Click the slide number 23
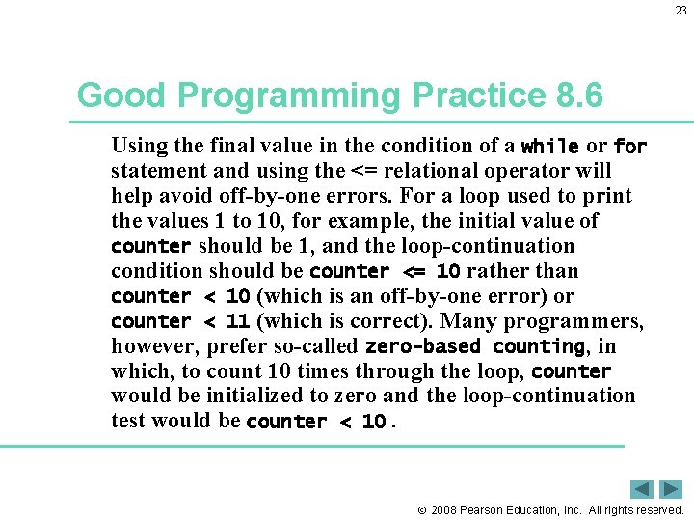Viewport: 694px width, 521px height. tap(681, 11)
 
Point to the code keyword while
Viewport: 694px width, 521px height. tap(549, 147)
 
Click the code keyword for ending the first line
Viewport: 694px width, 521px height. tap(629, 147)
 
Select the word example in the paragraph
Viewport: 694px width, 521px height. tap(360, 221)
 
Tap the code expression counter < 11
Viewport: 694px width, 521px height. tap(180, 322)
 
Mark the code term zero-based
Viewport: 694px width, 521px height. tap(425, 347)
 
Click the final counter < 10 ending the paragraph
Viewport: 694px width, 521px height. tap(316, 422)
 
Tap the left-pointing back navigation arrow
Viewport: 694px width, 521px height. tap(643, 489)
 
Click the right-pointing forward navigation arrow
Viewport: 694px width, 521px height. tap(672, 489)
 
